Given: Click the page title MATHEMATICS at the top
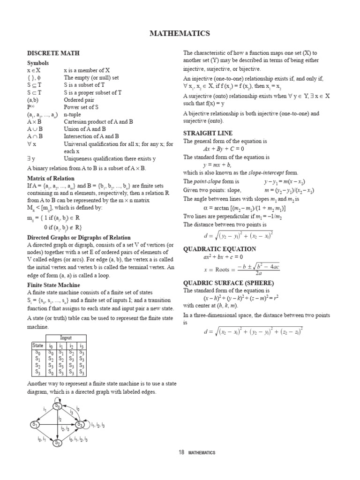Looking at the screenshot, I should [x=180, y=33].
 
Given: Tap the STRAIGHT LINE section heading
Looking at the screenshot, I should [x=208, y=133].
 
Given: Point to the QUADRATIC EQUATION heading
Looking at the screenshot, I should [x=219, y=249].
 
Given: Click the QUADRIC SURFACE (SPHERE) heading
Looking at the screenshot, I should [x=228, y=283].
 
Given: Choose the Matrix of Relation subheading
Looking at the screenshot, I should [x=51, y=178].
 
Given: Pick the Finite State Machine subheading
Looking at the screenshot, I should [x=53, y=285].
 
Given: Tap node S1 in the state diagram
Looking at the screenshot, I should [x=35, y=424].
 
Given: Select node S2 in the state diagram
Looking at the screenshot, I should [x=57, y=442].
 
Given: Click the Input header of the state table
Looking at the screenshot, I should [x=66, y=337].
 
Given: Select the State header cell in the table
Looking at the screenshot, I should [x=37, y=345].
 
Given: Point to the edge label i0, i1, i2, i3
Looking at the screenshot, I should [x=78, y=440].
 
